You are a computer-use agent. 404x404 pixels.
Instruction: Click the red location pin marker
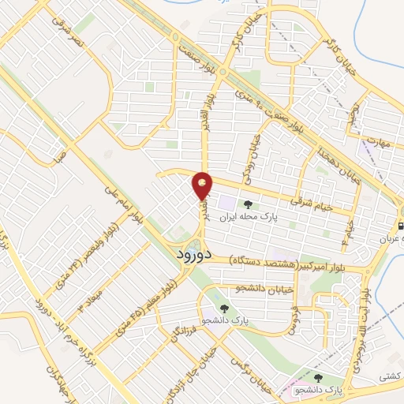coord(203,186)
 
